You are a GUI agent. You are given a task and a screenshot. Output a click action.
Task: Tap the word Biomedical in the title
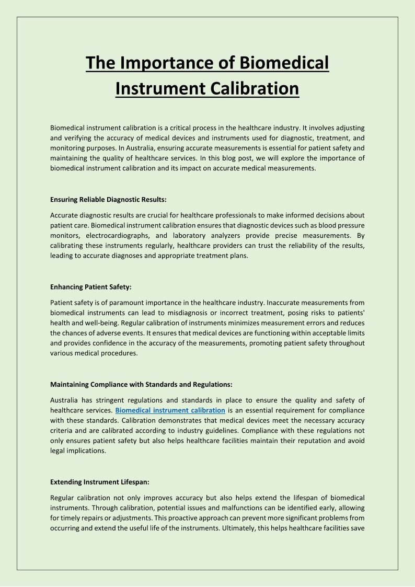(284, 63)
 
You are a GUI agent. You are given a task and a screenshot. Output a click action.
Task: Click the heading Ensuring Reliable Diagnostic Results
(108, 199)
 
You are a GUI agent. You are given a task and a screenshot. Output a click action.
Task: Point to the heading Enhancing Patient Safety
(90, 287)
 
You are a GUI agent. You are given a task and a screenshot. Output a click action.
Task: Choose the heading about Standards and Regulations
(141, 384)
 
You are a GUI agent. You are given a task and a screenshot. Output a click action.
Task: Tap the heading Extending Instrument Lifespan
(99, 482)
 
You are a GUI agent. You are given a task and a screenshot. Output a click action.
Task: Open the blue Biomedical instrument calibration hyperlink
(170, 410)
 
